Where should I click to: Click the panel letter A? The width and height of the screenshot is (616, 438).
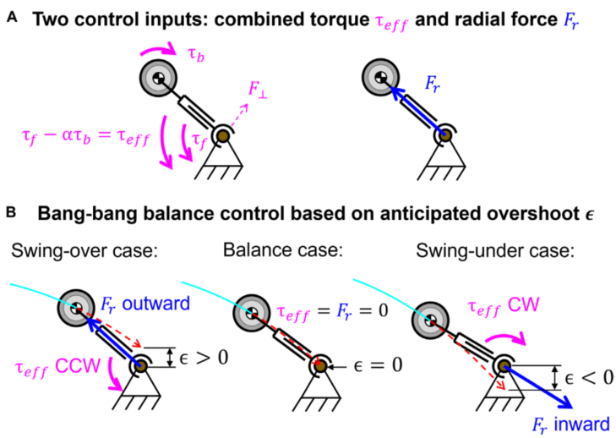[x=12, y=18]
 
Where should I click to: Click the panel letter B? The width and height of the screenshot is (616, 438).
[x=11, y=212]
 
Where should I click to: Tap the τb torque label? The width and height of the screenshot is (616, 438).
[x=196, y=55]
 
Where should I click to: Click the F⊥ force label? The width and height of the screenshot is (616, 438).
[x=258, y=89]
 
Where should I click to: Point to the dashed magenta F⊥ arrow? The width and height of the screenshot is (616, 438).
[x=238, y=116]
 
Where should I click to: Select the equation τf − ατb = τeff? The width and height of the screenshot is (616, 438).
[x=85, y=139]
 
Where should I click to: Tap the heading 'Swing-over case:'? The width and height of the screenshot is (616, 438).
[x=84, y=250]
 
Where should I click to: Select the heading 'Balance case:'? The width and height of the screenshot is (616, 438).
[x=283, y=249]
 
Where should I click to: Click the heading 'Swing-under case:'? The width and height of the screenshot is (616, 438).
[x=495, y=250]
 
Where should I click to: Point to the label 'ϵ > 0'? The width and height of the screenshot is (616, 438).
[x=204, y=358]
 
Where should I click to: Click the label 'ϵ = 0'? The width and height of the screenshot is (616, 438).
[x=378, y=365]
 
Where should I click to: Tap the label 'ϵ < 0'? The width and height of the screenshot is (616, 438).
[x=589, y=377]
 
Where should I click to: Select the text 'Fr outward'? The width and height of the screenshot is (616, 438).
[x=145, y=304]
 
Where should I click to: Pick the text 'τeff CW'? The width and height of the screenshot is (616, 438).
[x=504, y=306]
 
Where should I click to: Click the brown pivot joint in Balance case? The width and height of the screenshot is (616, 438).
[x=321, y=366]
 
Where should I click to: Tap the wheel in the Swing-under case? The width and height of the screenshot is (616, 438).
[x=431, y=320]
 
